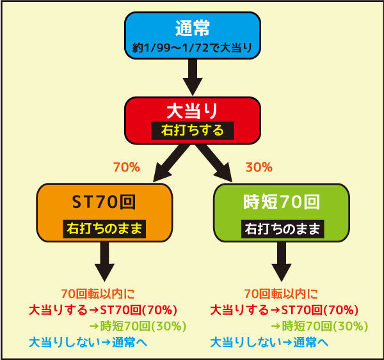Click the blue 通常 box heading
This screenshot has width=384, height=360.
pyautogui.click(x=193, y=28)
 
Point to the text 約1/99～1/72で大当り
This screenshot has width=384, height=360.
pyautogui.click(x=192, y=48)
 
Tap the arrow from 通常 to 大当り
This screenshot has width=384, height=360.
pyautogui.click(x=193, y=77)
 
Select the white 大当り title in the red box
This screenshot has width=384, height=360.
pyautogui.click(x=193, y=111)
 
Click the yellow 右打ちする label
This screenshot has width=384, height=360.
pyautogui.click(x=193, y=130)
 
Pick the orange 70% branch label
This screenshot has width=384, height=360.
pyautogui.click(x=127, y=168)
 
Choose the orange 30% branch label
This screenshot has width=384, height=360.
pyautogui.click(x=259, y=168)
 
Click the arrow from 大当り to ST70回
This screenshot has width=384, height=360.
pyautogui.click(x=171, y=164)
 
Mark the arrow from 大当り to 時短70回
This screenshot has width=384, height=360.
pyautogui.click(x=214, y=164)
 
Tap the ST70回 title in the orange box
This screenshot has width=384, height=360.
pyautogui.click(x=104, y=202)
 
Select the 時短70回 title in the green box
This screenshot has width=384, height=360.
pyautogui.click(x=282, y=202)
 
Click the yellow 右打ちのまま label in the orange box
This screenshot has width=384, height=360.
pyautogui.click(x=104, y=229)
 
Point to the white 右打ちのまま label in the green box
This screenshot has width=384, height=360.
pyautogui.click(x=282, y=229)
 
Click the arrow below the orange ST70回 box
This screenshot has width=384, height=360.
pyautogui.click(x=104, y=262)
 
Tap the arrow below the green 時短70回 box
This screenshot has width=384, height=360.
pyautogui.click(x=282, y=262)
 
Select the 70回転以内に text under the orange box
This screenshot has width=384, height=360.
pyautogui.click(x=98, y=293)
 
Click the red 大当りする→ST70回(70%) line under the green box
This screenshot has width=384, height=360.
pyautogui.click(x=284, y=310)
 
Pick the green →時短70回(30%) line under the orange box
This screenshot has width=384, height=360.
pyautogui.click(x=138, y=326)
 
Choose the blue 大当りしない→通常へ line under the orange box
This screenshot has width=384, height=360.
pyautogui.click(x=88, y=342)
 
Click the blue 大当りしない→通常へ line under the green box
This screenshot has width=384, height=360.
pyautogui.click(x=269, y=342)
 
